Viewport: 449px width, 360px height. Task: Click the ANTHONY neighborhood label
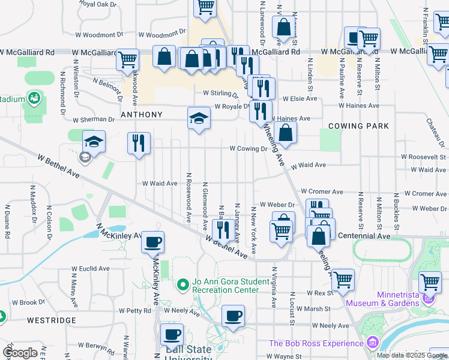pos(142,115)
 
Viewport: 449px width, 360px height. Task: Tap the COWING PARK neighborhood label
pos(358,126)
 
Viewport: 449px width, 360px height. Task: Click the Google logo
pos(20,353)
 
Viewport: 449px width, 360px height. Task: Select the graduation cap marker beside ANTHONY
pos(199,118)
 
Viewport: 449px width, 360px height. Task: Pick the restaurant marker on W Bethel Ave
pos(221,229)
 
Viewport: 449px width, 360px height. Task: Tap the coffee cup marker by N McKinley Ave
pos(152,242)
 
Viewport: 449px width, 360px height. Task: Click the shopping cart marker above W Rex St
pos(343,279)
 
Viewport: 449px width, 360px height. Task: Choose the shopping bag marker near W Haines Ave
pos(287,133)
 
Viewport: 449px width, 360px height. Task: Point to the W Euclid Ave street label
pos(91,269)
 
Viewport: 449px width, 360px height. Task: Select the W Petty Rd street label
pos(134,311)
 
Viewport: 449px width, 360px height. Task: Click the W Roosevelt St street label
pos(423,157)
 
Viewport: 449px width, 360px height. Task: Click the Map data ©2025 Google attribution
pos(412,355)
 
